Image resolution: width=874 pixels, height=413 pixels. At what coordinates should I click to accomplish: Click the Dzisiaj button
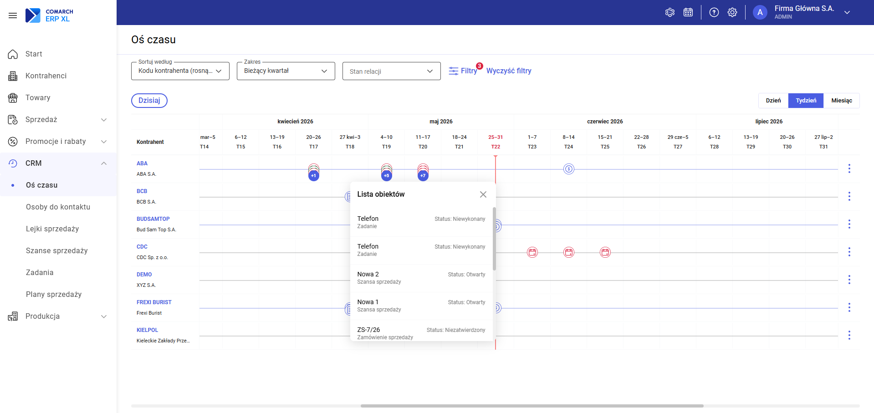tap(149, 101)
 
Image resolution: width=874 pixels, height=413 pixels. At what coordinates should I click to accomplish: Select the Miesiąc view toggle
tap(841, 101)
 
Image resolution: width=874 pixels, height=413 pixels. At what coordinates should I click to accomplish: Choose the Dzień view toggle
tap(773, 101)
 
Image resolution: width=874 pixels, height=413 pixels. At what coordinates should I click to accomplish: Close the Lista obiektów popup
tap(483, 194)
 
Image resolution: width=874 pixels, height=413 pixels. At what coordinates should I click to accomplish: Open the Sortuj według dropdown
tap(180, 71)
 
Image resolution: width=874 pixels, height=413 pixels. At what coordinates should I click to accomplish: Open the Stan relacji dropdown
tap(392, 71)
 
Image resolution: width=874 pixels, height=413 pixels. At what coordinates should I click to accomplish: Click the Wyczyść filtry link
tap(509, 71)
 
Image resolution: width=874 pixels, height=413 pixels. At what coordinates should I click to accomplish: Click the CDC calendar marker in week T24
tap(569, 252)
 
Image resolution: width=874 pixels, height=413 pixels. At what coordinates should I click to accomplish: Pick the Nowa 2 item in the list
tap(421, 278)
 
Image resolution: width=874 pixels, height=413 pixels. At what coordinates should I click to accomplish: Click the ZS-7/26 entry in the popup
tap(421, 333)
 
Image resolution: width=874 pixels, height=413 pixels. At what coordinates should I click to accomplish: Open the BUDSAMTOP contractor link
tap(153, 219)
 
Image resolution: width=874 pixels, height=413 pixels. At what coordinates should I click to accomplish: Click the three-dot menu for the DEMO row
tap(849, 280)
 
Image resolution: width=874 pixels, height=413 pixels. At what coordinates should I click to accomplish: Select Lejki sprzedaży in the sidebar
tap(52, 229)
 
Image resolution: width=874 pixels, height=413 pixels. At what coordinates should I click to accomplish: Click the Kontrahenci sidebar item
tap(46, 76)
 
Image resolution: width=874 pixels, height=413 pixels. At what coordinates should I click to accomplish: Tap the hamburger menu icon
tap(13, 15)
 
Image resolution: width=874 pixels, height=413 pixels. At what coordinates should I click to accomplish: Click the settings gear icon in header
tap(732, 12)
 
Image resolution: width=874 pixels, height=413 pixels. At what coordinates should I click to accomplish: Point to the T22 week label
tap(496, 147)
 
